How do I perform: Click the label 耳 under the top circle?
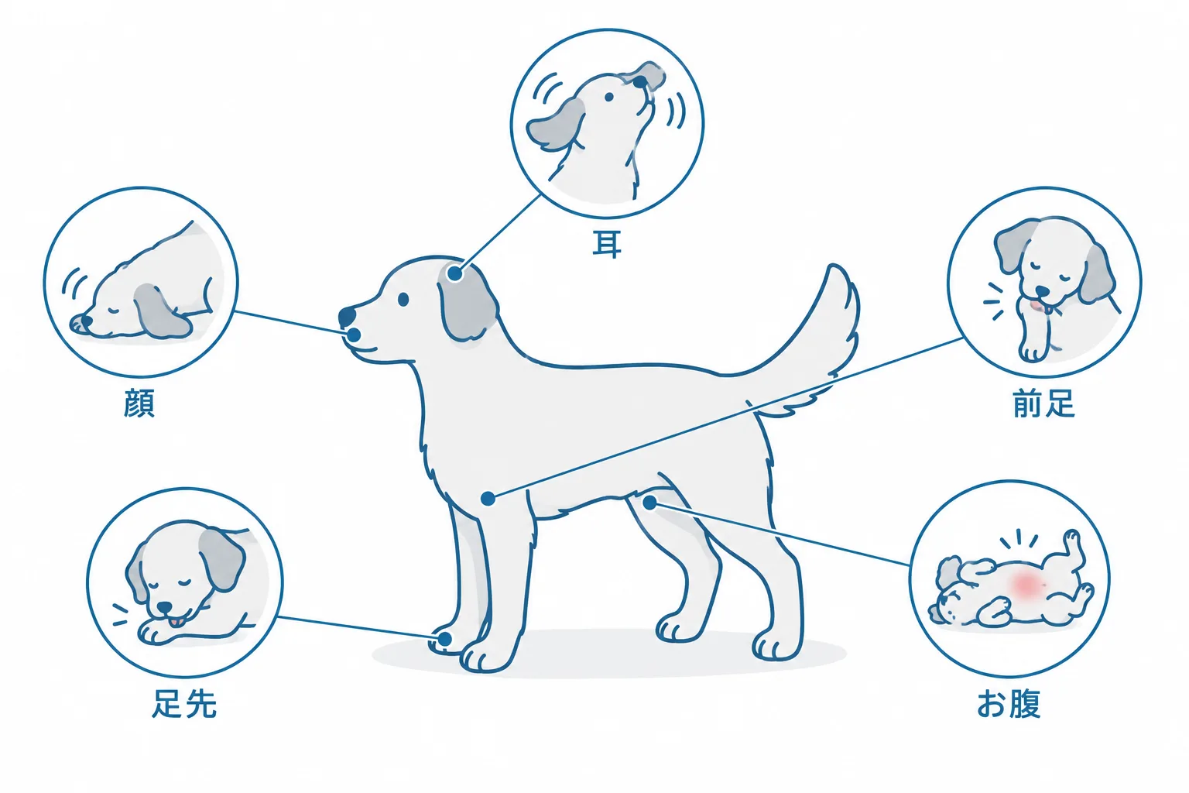[607, 245]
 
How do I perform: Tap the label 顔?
[139, 403]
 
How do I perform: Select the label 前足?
[1043, 403]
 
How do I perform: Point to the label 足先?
[184, 703]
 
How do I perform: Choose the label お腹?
[1009, 704]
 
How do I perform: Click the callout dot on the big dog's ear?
[454, 274]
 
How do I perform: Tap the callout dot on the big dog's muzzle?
[354, 335]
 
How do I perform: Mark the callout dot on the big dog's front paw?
[444, 638]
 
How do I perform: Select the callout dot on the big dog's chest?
[488, 498]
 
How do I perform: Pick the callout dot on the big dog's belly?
[649, 503]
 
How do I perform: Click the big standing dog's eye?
[403, 299]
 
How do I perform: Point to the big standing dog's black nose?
[347, 317]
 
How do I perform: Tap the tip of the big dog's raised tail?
[835, 267]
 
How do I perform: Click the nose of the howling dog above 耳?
[641, 82]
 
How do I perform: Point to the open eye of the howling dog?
[609, 97]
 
